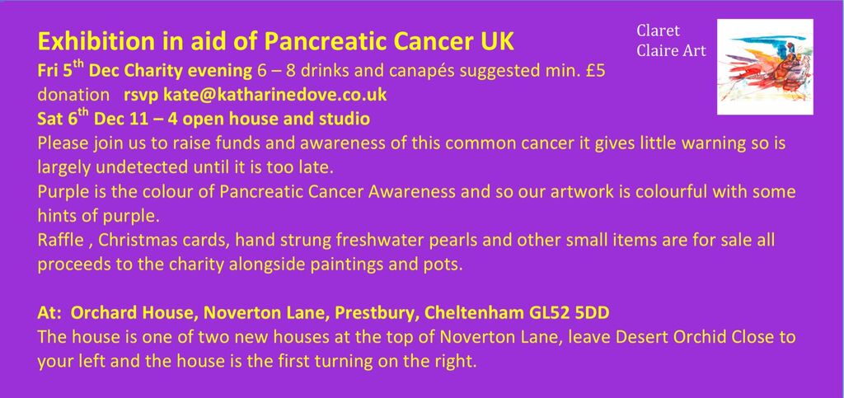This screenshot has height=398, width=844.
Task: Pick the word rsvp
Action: tap(140, 94)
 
